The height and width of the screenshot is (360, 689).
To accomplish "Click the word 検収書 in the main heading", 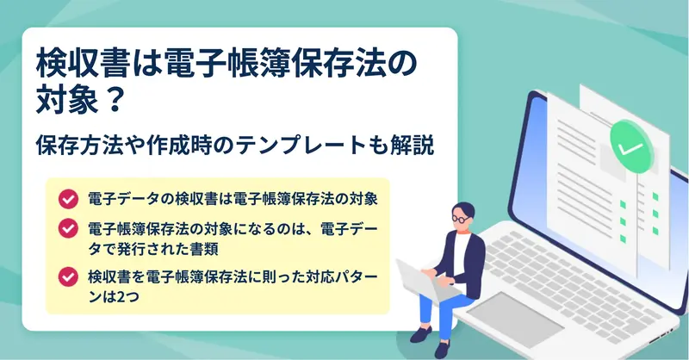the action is coord(83,65).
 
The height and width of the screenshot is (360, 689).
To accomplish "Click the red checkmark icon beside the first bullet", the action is coord(68,199).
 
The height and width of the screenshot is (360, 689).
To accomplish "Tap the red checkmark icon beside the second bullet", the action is coord(68,228).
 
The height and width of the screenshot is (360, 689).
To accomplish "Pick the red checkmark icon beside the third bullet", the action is coord(68,277).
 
